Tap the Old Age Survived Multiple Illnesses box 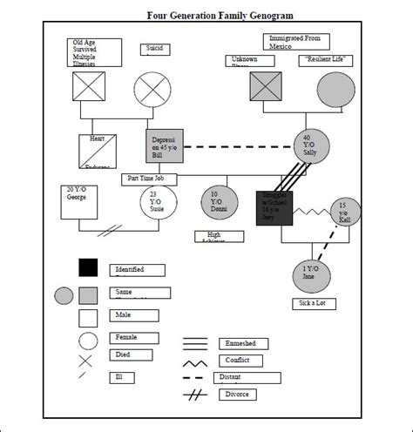click(96, 52)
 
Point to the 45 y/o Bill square click(164, 145)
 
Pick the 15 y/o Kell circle click(344, 212)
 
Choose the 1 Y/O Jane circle click(310, 275)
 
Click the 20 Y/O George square click(78, 200)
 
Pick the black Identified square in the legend click(88, 268)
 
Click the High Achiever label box click(219, 236)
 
